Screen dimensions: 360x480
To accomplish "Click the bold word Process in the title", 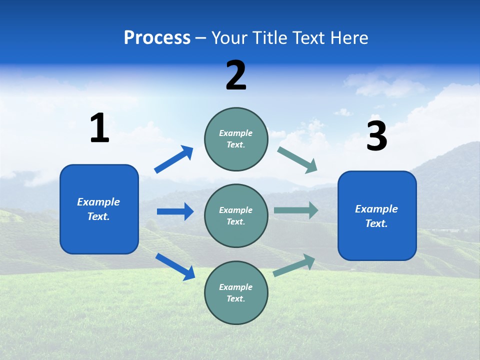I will (x=157, y=37).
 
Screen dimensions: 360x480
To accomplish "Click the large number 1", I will (x=99, y=128).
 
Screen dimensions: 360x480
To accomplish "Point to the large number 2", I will (x=236, y=75).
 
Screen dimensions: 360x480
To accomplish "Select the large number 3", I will (x=376, y=137).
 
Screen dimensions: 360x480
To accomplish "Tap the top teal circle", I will (x=236, y=139).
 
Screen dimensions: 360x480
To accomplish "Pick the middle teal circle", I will (x=236, y=216).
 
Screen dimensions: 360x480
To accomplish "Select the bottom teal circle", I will (x=236, y=293).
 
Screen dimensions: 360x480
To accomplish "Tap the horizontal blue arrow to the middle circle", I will (x=175, y=211).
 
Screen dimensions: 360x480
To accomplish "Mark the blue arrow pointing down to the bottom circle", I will (x=175, y=266).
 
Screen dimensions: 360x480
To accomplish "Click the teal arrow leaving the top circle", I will (x=297, y=160).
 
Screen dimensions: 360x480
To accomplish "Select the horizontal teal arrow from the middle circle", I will (x=296, y=210).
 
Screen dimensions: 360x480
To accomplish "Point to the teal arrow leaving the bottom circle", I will (x=294, y=265).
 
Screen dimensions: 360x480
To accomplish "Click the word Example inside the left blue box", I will (x=98, y=202).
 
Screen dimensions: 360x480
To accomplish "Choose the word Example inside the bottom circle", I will (x=236, y=287).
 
